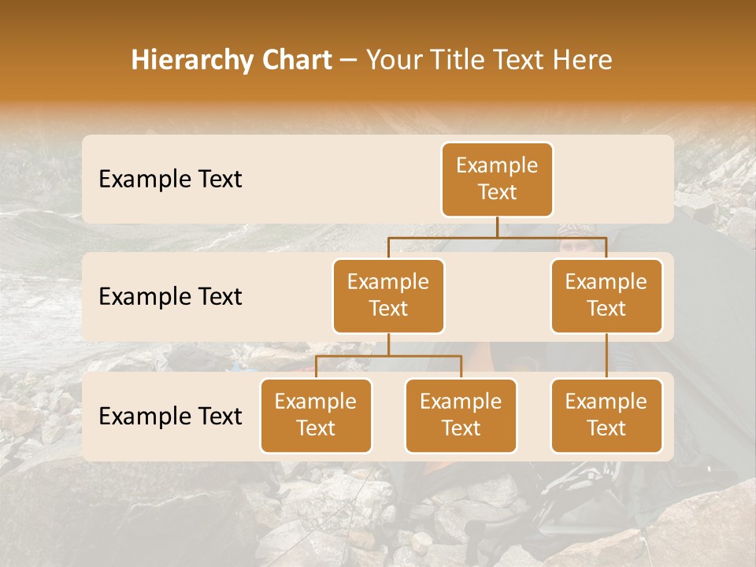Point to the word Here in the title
point(581,61)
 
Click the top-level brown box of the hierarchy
point(497,180)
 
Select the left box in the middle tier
point(388,296)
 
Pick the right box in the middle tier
point(606,296)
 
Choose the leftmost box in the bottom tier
point(316,416)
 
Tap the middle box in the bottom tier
point(461,416)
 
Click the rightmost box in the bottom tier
point(606,416)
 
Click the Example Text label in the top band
point(170,180)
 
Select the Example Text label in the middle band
point(170,297)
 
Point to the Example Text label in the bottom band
point(170,417)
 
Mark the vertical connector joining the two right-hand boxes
point(606,356)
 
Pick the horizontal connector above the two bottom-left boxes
point(388,356)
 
